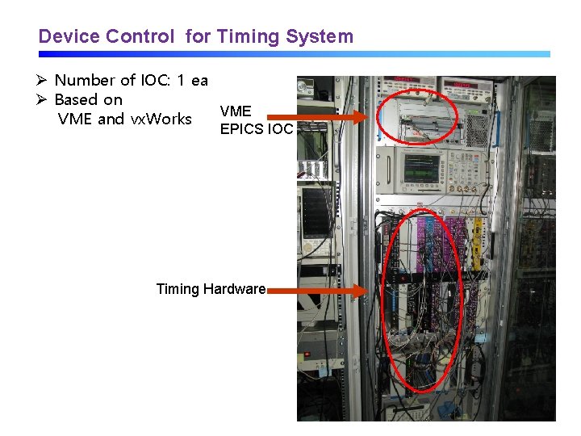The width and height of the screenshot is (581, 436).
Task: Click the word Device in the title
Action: [x=69, y=36]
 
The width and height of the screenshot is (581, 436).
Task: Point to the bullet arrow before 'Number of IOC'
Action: [x=44, y=80]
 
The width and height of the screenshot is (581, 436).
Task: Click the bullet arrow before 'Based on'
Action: [x=44, y=100]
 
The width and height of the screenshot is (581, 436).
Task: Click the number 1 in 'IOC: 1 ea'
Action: [x=180, y=80]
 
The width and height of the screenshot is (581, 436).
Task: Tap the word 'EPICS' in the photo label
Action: [x=240, y=127]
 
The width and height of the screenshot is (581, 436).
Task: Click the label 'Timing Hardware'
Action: [x=211, y=289]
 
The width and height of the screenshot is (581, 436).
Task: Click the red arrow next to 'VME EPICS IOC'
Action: [x=339, y=118]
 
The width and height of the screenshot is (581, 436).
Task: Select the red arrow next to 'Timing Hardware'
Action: [x=318, y=289]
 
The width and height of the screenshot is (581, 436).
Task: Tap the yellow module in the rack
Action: [x=478, y=242]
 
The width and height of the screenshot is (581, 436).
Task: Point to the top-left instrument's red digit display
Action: [x=404, y=80]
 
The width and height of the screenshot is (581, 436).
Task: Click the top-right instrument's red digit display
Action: [x=466, y=84]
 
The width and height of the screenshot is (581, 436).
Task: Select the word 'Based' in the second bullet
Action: [x=77, y=100]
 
